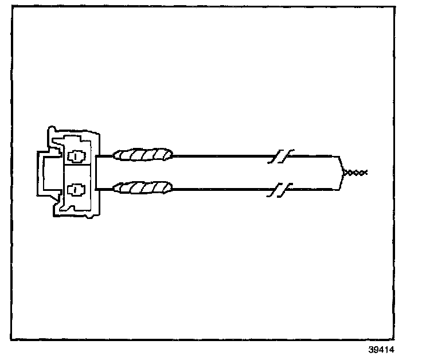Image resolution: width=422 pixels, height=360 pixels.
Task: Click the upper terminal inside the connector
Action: (76, 156)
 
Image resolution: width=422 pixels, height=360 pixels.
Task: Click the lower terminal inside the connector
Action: (76, 187)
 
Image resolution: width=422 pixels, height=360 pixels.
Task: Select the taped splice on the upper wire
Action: (143, 155)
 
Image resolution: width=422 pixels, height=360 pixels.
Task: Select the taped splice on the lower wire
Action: (143, 187)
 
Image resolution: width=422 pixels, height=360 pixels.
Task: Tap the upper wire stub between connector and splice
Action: (106, 156)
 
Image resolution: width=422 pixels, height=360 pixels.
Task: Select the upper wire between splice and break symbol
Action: (224, 155)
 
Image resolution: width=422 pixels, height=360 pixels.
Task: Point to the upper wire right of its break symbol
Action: (312, 155)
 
